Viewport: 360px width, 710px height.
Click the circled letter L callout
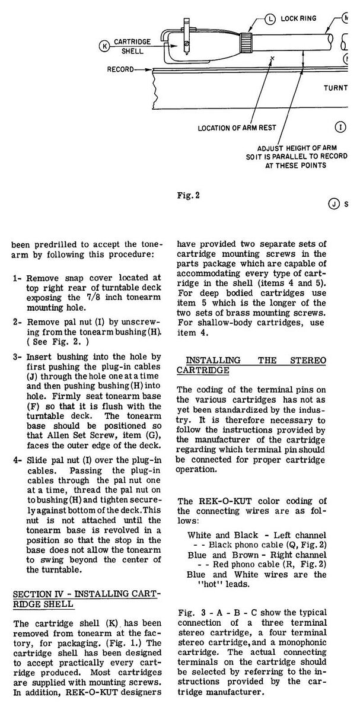270,18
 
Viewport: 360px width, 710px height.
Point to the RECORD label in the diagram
120,69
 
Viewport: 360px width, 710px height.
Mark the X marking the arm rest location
272,58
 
